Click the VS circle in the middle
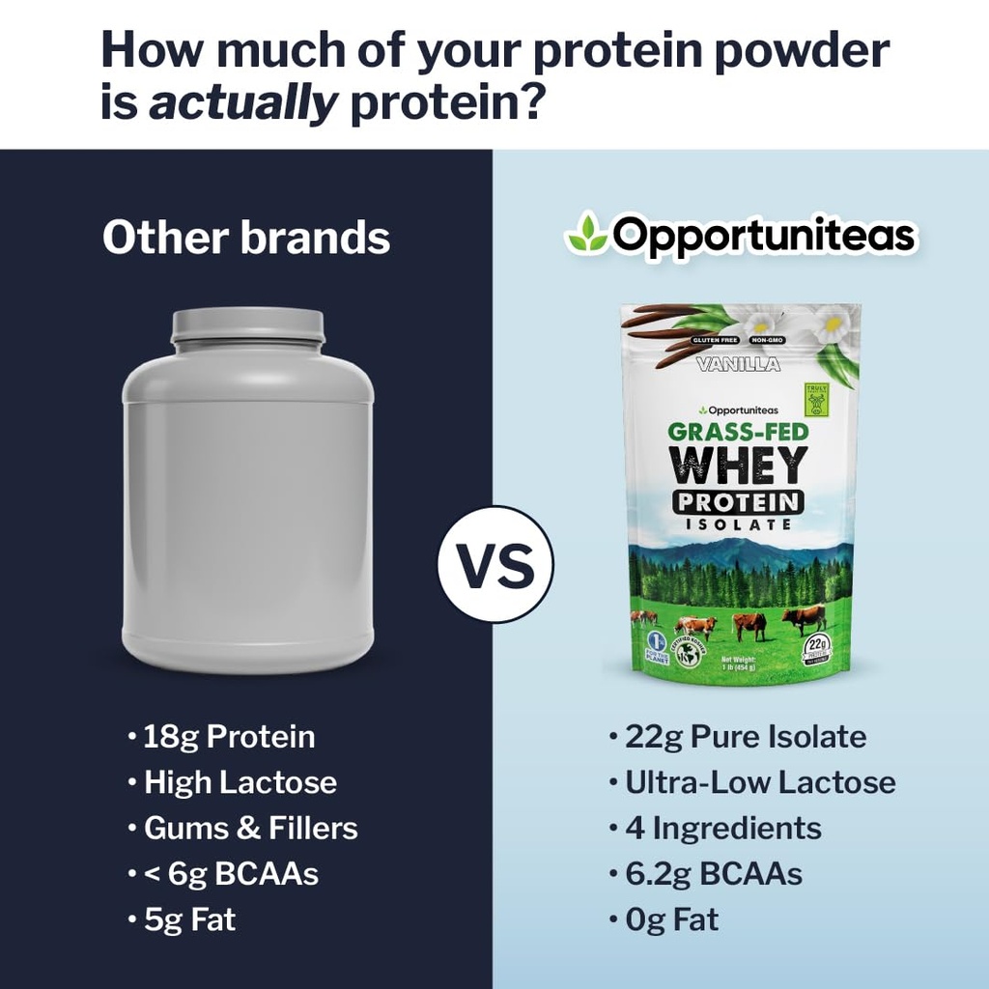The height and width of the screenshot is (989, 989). [495, 565]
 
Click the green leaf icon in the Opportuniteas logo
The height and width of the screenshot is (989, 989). [586, 235]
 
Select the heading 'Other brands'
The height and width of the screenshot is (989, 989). [246, 238]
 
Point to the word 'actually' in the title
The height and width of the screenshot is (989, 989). [243, 100]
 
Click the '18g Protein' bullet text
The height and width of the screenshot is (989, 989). [229, 737]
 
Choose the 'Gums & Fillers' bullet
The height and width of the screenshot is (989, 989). [250, 828]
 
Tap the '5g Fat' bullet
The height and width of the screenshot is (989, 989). [189, 919]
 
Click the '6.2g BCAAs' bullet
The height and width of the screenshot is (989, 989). [713, 874]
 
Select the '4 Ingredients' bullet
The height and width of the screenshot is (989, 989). [722, 828]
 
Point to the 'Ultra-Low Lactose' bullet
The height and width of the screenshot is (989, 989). [760, 782]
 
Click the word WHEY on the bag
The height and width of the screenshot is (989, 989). [739, 466]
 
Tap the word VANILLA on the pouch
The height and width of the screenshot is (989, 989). [738, 364]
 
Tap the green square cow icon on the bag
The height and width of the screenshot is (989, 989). [817, 399]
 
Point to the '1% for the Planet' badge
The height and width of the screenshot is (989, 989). [653, 647]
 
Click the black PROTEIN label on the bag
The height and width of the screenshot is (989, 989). [739, 501]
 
